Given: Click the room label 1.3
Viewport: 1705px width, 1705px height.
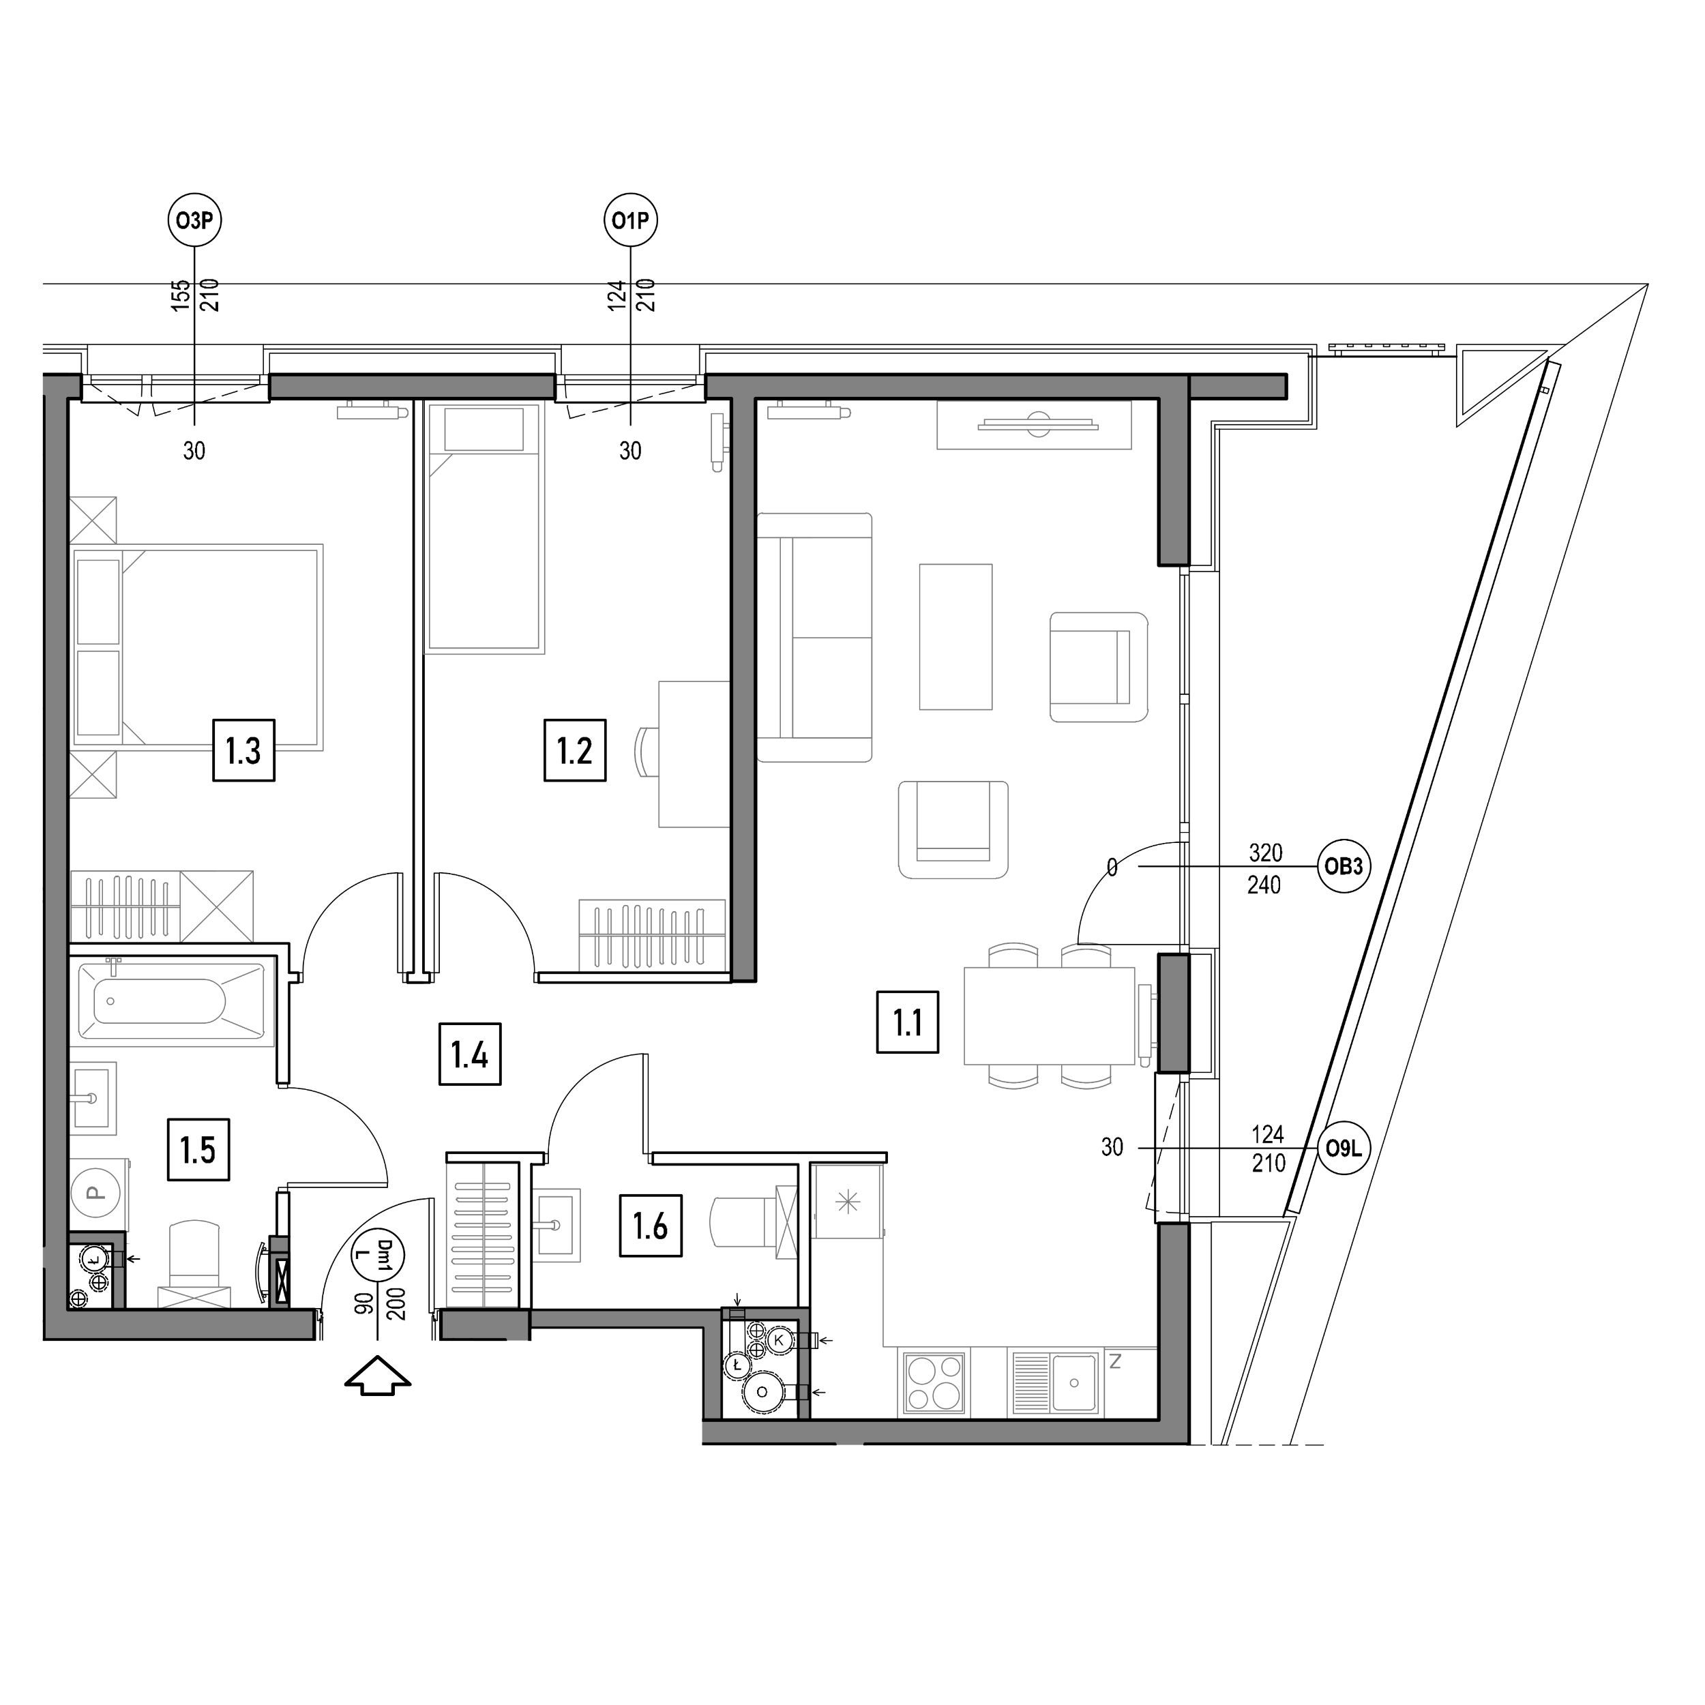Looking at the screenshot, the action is (x=243, y=751).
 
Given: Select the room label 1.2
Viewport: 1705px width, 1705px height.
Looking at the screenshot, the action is (x=574, y=751).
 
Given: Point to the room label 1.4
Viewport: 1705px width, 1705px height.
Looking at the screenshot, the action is (x=469, y=1054).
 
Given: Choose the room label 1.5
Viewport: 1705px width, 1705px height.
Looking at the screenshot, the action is (x=198, y=1150).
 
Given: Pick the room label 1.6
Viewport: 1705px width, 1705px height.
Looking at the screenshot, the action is (x=651, y=1226).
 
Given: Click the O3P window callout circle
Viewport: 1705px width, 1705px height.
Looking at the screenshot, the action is (x=194, y=220).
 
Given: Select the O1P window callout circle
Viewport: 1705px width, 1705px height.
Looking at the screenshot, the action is (x=631, y=220).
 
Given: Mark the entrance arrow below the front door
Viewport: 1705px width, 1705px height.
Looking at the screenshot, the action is (x=378, y=1378).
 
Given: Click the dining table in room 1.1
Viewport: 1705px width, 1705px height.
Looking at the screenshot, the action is (x=1050, y=1015).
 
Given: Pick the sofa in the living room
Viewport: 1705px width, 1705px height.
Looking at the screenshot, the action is (x=814, y=637).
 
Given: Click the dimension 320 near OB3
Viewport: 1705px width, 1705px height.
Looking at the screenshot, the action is (x=1266, y=853).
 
